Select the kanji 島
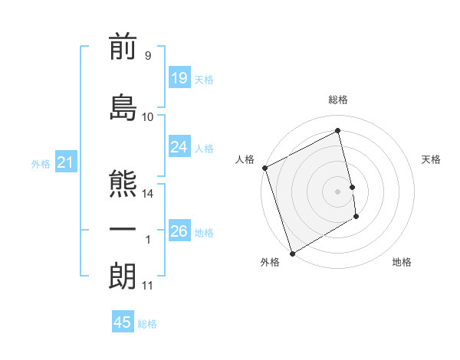coord(123,106)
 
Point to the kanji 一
coord(123,230)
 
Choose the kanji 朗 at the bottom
coord(123,276)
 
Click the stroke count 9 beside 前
coord(147,56)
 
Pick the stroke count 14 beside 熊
coord(148,194)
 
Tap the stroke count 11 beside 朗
coord(148,286)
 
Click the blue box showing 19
coord(179,77)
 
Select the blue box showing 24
coord(179,146)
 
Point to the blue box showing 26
coord(179,231)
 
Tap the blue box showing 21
coord(66,162)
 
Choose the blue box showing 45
coord(123,322)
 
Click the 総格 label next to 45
coord(147,324)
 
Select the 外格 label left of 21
coord(41,163)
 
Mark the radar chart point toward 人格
coord(264,168)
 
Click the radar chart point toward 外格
coord(291,254)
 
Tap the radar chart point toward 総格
coord(338,131)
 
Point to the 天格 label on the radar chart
coord(432,159)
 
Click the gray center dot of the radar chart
coord(338,191)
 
